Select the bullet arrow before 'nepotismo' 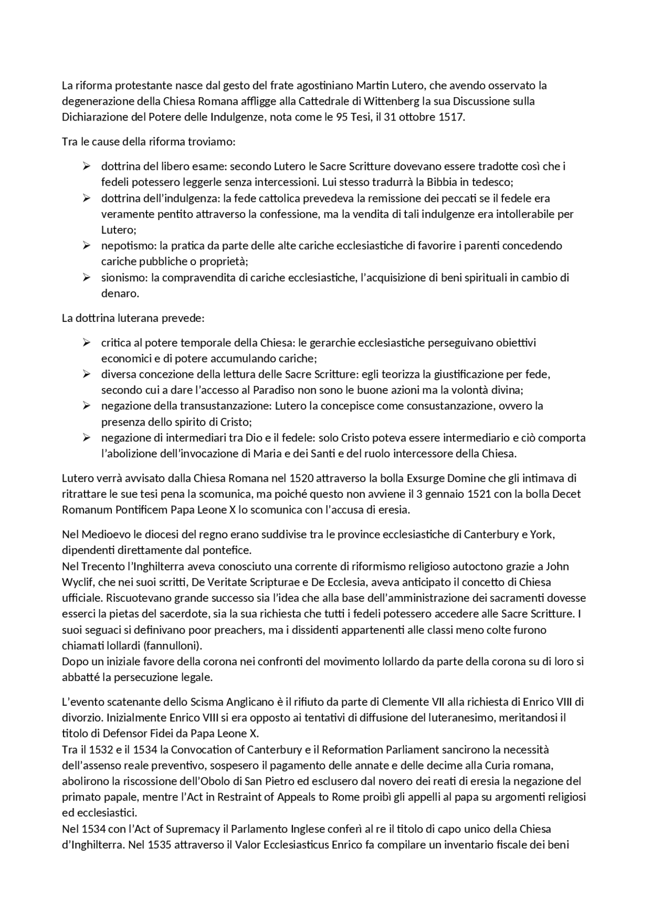(x=86, y=246)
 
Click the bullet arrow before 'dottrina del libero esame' (x=86, y=166)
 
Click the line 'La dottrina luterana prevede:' (x=133, y=318)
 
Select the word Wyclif (x=77, y=582)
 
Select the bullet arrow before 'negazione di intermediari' (x=86, y=438)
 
